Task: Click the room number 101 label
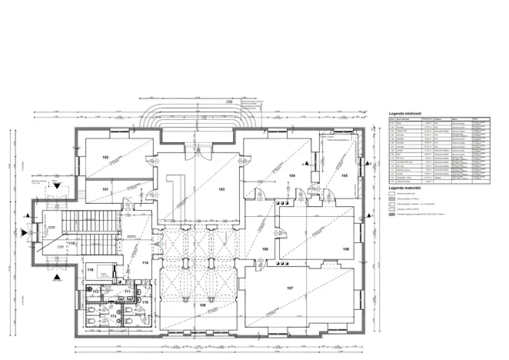105,188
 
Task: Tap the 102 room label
105,157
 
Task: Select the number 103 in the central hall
221,188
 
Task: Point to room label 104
292,176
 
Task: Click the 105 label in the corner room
344,176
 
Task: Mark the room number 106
346,249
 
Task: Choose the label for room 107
290,288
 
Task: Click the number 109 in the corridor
265,249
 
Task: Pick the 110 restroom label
145,302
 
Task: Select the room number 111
128,292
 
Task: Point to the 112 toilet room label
112,316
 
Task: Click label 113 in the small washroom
96,292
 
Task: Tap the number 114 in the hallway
145,262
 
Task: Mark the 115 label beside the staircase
71,243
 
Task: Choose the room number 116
91,270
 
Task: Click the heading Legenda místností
407,112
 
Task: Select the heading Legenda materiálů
408,188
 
